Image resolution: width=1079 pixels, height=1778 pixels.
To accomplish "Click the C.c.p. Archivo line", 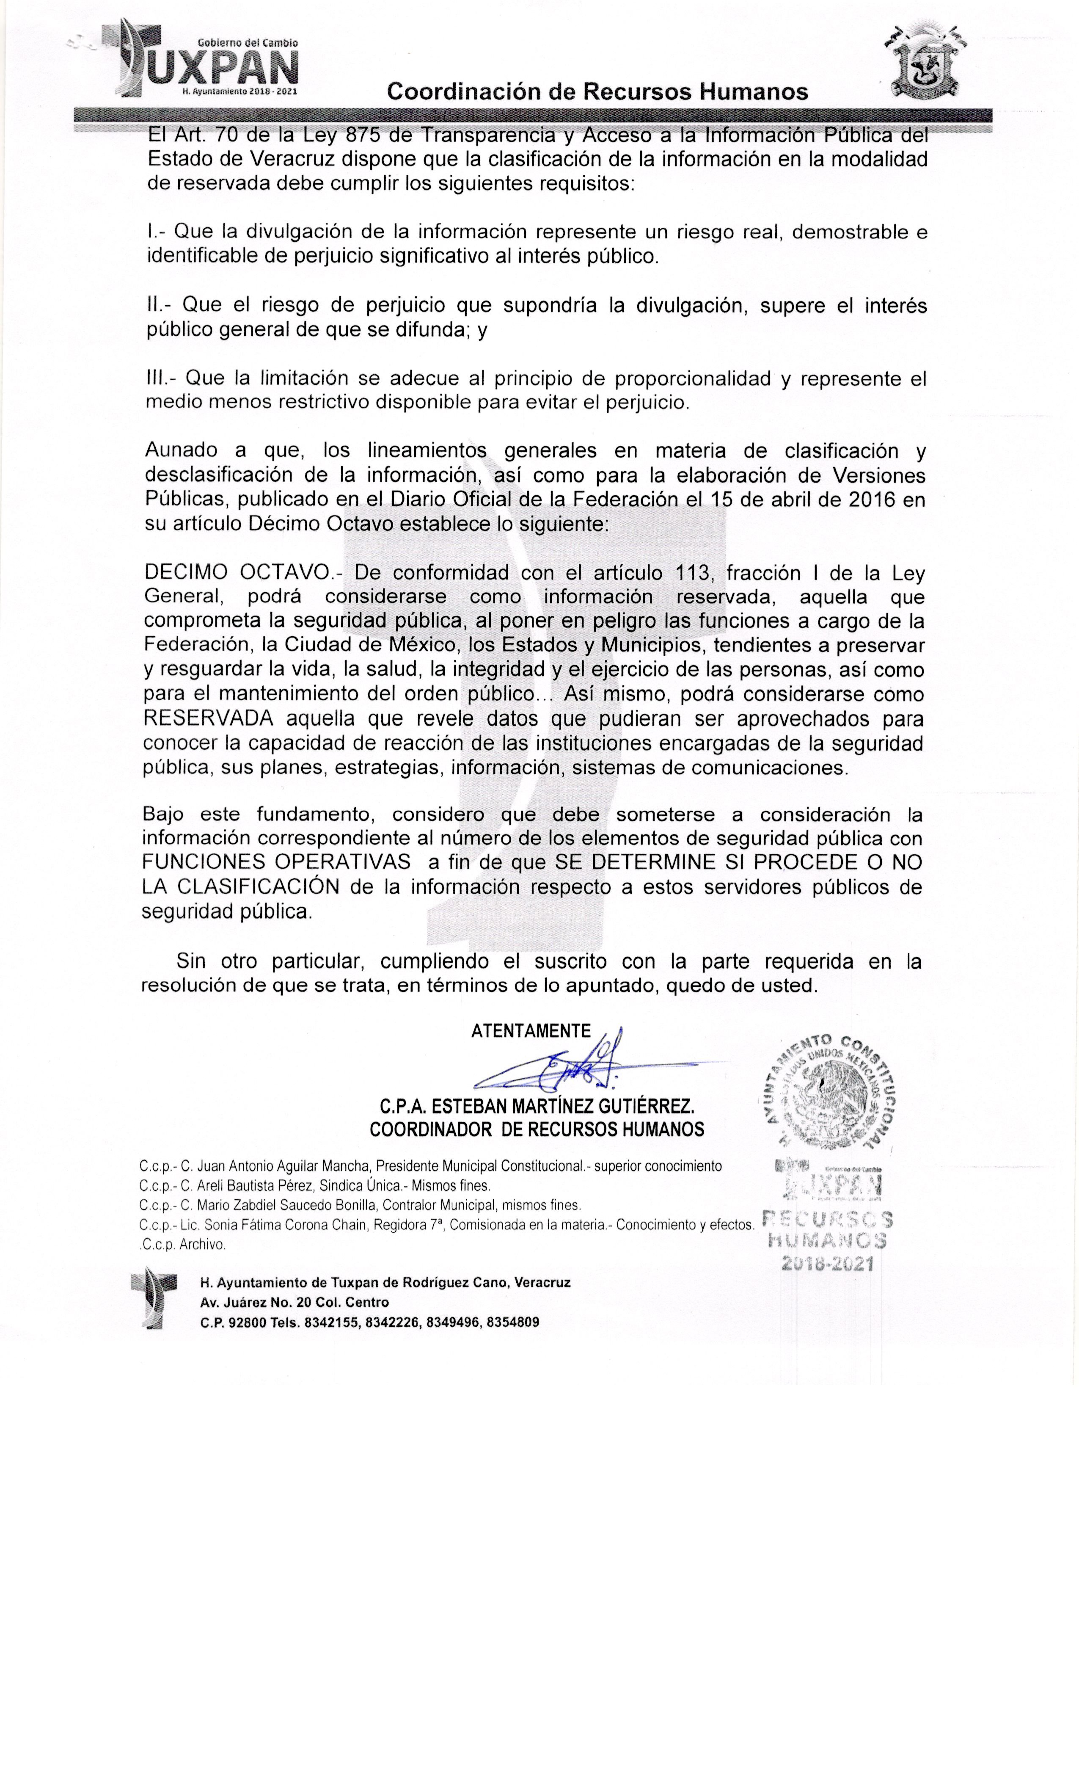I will point(183,1244).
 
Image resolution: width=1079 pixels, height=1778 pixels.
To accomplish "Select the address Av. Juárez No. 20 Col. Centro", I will point(294,1303).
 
